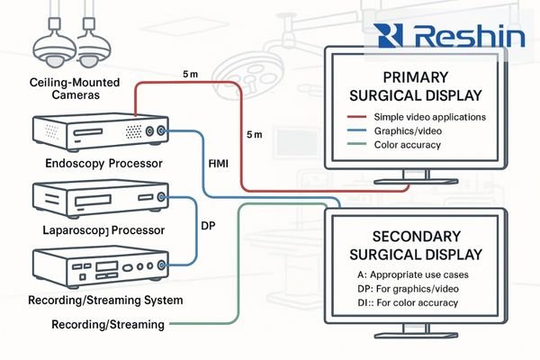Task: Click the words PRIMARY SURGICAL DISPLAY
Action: coord(422,88)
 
